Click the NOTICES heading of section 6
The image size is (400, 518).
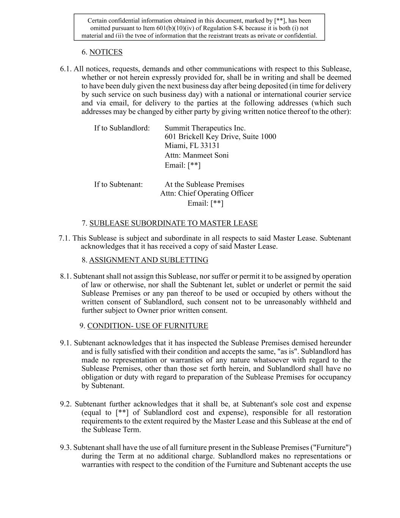point(106,52)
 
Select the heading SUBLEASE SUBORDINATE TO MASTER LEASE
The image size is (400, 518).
point(173,224)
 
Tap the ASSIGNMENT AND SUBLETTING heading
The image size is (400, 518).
point(148,260)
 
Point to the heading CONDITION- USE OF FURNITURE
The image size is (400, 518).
point(147,326)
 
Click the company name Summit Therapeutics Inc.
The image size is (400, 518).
point(205,128)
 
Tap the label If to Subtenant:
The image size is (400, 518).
point(118,185)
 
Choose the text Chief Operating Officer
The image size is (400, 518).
point(216,194)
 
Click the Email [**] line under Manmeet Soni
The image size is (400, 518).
point(182,165)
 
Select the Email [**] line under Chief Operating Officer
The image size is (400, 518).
point(205,203)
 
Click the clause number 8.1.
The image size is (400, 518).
point(66,277)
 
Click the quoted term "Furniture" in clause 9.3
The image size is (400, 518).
point(331,448)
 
